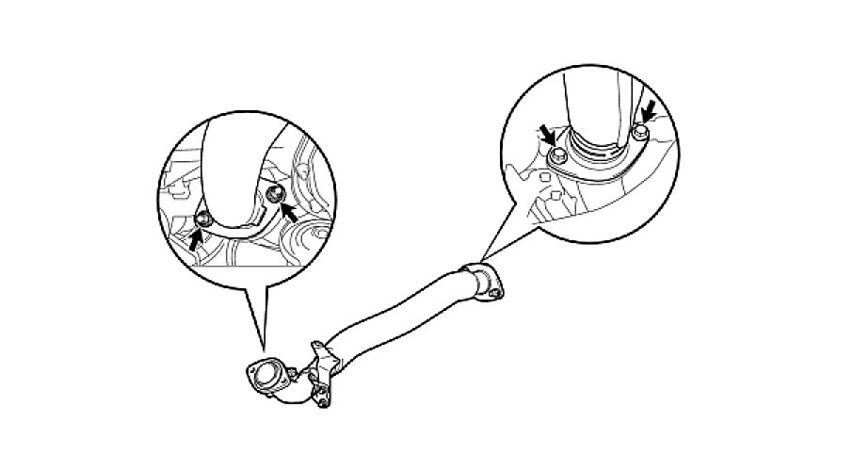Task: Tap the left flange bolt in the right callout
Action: click(x=557, y=154)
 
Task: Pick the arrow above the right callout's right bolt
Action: click(x=648, y=113)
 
